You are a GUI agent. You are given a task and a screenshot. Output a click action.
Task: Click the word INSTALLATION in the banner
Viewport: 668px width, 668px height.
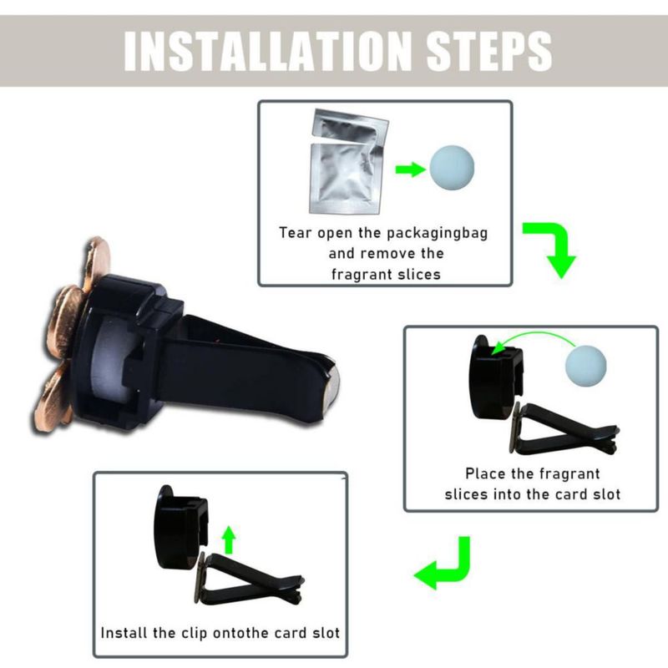(x=267, y=51)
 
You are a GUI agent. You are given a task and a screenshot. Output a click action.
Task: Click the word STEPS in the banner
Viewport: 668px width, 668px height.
(x=488, y=51)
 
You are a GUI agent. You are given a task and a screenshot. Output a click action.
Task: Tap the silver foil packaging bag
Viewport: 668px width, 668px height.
(x=348, y=161)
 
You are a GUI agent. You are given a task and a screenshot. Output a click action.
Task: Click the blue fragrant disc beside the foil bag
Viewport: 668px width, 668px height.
(x=452, y=168)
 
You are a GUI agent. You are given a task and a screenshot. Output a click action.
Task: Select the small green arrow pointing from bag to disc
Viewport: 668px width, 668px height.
(x=410, y=170)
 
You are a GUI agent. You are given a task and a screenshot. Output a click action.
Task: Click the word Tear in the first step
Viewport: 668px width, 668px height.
(x=295, y=233)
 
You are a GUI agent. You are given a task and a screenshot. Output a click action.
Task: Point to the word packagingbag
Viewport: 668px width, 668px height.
(x=437, y=234)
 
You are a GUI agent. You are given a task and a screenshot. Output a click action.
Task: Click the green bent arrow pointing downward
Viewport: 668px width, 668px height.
(x=552, y=248)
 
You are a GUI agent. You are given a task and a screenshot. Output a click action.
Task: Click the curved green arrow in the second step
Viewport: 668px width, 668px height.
(x=533, y=335)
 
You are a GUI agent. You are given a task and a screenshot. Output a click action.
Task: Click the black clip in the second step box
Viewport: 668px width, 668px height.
(x=562, y=430)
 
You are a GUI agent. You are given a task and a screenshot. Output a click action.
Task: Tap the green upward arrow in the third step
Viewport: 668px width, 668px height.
(x=229, y=539)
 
